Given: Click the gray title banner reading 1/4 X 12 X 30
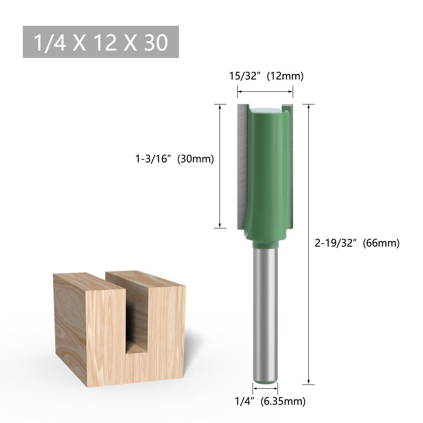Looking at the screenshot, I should point(101,42).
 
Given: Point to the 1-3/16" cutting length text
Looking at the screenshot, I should point(153,159).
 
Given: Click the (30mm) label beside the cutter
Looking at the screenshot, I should point(195,159).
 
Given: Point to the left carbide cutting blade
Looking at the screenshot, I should point(241,165).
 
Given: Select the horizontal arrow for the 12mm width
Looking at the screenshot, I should point(265,91).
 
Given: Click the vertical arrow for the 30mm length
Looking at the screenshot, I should point(220,166).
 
